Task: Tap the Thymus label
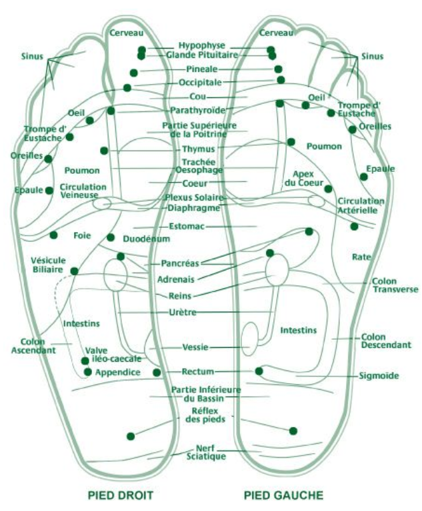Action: [x=199, y=149]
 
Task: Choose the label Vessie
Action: [x=196, y=347]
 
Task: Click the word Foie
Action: [x=83, y=235]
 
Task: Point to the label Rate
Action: [x=361, y=256]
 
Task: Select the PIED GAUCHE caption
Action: [x=283, y=495]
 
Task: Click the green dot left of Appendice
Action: [x=87, y=371]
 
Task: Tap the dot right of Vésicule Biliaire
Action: [x=75, y=271]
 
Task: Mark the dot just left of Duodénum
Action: [x=111, y=238]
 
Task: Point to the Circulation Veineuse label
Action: [x=79, y=191]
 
